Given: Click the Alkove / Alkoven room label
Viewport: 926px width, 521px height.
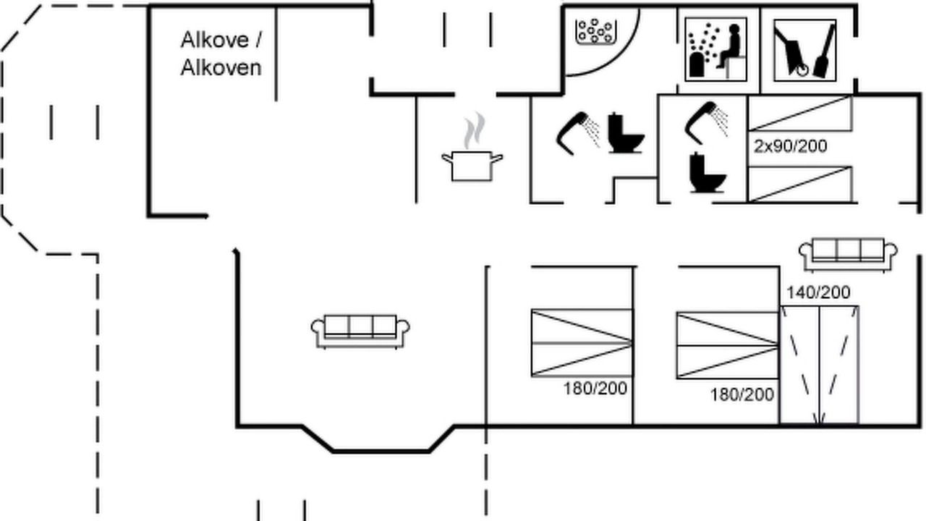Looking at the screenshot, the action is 221,54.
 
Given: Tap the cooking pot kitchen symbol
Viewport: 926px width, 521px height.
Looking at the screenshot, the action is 472,166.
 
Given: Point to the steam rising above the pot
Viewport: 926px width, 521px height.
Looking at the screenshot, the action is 474,130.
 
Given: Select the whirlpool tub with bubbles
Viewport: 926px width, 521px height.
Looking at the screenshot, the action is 596,32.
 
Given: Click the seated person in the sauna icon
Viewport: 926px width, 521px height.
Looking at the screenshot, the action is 730,46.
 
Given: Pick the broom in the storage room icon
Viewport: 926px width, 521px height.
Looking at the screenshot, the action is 825,51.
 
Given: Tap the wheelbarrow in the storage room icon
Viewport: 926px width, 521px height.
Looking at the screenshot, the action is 791,51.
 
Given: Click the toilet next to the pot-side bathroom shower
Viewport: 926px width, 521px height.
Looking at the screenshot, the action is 626,133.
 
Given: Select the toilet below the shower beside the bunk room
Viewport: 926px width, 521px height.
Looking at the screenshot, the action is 708,173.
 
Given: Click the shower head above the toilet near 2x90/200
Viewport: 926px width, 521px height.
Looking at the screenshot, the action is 706,122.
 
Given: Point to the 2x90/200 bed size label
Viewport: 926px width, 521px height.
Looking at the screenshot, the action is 791,146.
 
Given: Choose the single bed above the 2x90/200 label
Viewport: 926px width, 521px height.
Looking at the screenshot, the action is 800,114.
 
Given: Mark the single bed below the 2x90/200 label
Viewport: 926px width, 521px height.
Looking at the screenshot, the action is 800,185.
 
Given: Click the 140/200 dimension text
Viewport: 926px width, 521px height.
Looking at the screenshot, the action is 818,293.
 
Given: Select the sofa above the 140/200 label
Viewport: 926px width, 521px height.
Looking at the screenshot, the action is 848,255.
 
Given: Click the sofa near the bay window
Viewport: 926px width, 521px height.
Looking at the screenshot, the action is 360,331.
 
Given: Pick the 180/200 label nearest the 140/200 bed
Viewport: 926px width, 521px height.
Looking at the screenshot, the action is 742,395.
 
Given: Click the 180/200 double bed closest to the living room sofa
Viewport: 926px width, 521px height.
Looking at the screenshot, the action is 582,343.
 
